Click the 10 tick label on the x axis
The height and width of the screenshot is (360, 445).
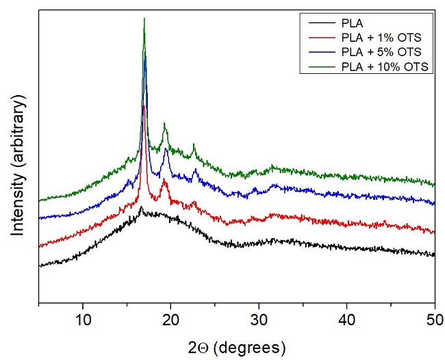point(83,318)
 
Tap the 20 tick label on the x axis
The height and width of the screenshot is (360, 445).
point(171,318)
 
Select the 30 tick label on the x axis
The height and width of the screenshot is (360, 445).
point(259,318)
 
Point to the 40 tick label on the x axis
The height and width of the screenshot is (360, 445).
point(347,318)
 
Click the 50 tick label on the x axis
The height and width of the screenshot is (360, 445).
point(434,318)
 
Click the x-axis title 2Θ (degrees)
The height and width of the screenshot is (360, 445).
point(237,344)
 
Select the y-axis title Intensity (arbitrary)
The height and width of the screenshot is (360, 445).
point(18,166)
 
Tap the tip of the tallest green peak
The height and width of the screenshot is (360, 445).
point(144,18)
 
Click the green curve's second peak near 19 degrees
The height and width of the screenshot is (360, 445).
point(164,124)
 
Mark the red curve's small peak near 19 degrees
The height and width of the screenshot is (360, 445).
point(164,180)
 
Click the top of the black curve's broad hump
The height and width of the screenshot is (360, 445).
point(141,207)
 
